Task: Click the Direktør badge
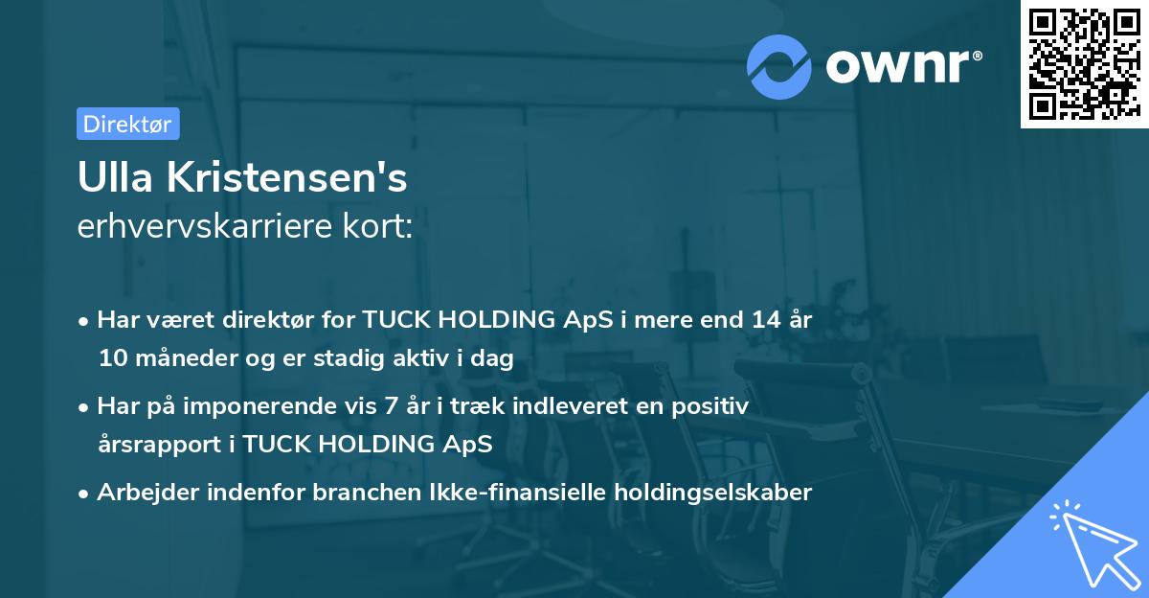point(127,124)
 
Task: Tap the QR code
point(1084,64)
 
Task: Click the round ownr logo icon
point(779,66)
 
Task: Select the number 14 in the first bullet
point(756,320)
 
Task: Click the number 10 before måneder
point(111,358)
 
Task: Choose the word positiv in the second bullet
point(714,406)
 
